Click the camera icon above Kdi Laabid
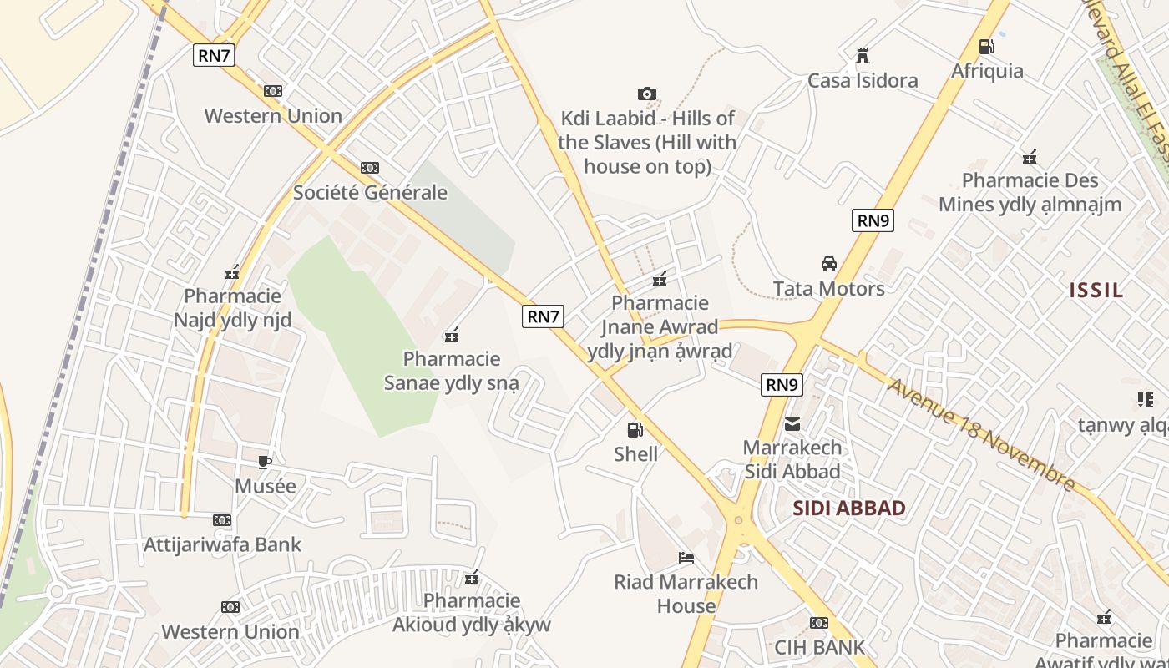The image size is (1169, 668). tap(646, 94)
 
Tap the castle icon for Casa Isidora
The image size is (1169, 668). tap(863, 57)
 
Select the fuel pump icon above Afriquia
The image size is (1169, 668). tap(986, 47)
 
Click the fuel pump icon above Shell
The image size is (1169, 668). tap(635, 430)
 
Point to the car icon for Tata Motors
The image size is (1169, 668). tap(828, 264)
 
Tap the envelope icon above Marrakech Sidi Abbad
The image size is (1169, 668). tap(792, 424)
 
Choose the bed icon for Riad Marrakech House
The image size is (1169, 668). tap(686, 558)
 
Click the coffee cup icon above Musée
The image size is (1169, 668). tap(265, 462)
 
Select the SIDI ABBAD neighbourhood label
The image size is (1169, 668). tap(848, 508)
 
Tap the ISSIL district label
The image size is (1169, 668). tap(1096, 290)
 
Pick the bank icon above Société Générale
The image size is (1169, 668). tap(369, 168)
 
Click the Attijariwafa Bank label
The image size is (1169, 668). tap(222, 544)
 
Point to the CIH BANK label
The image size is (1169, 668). tap(819, 647)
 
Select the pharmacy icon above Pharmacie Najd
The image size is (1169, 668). tap(232, 272)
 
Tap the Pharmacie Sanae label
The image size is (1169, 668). tap(451, 371)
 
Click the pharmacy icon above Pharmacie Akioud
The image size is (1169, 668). tap(472, 577)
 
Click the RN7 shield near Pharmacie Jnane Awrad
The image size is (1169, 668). tap(543, 316)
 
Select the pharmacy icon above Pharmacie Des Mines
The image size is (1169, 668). tap(1030, 157)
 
